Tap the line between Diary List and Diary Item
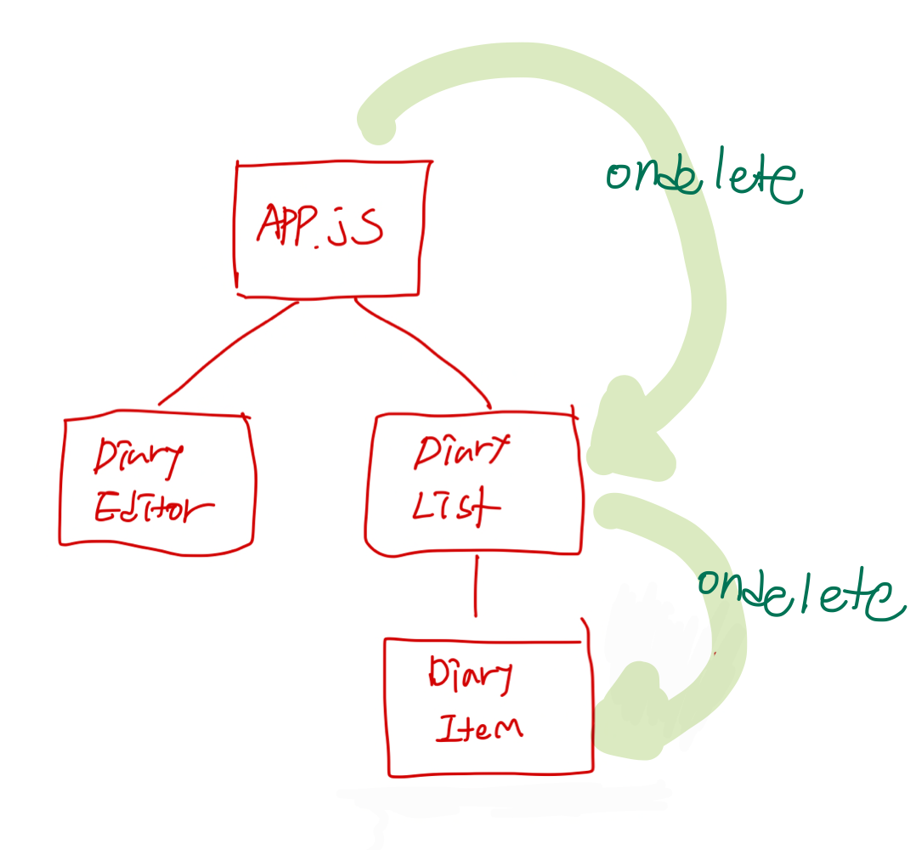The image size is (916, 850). tap(475, 586)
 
